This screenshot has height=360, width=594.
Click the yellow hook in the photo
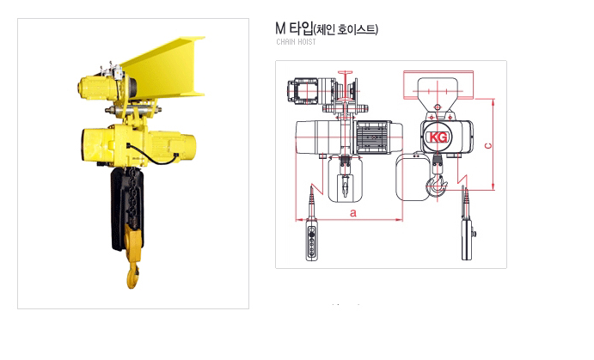133,258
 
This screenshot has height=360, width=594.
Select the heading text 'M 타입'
294,28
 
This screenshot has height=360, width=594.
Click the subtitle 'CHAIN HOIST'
296,41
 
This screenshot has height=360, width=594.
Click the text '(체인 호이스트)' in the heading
346,29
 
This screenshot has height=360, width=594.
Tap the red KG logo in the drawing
438,137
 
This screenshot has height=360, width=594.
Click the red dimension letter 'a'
353,213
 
